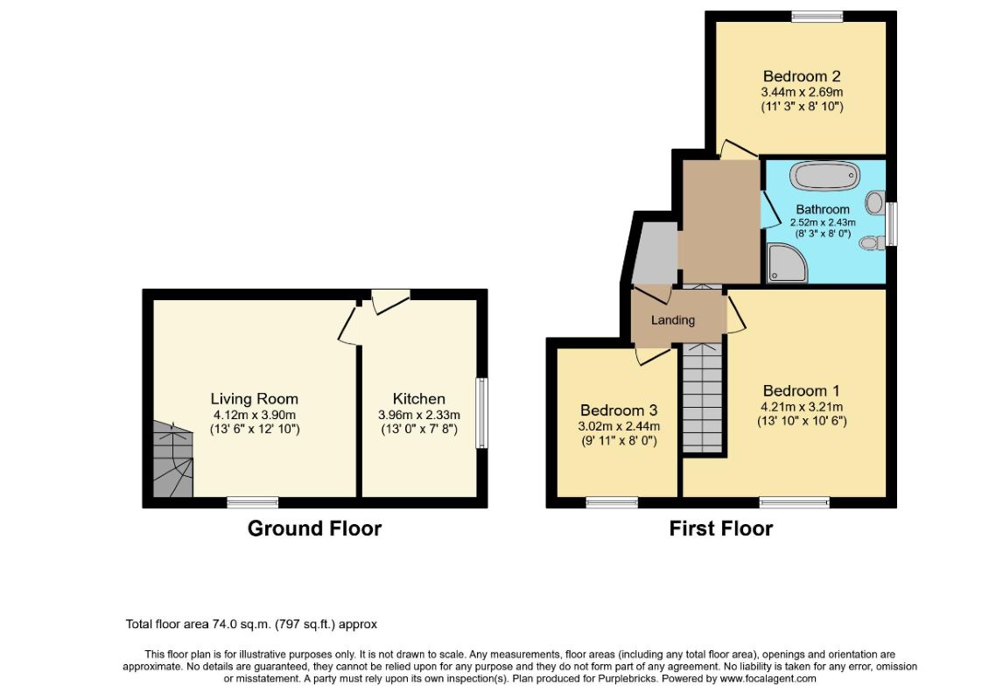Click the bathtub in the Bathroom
click(824, 175)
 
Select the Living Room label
click(255, 399)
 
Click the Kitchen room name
click(419, 399)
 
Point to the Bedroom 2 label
click(802, 77)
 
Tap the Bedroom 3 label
click(619, 410)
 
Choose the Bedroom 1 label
click(802, 390)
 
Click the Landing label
click(673, 320)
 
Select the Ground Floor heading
click(315, 528)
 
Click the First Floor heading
click(721, 528)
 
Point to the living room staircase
click(172, 458)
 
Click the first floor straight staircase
click(702, 398)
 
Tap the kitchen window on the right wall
click(481, 413)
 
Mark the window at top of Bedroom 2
click(817, 17)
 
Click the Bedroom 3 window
click(612, 502)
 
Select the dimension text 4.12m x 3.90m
click(255, 415)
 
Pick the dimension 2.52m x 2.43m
click(823, 222)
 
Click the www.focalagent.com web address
click(768, 679)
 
